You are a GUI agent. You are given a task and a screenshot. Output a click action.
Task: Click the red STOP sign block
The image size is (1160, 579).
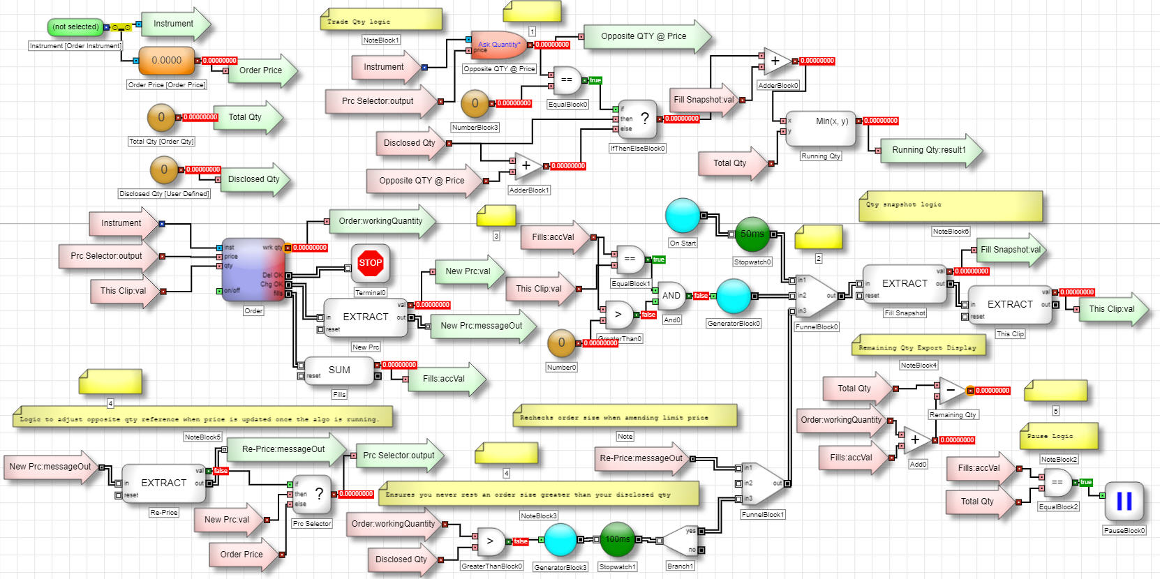click(x=370, y=263)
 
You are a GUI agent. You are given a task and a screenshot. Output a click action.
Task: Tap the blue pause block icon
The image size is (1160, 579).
click(x=1124, y=502)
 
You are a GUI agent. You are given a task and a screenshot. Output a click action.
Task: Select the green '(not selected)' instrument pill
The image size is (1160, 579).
click(x=75, y=27)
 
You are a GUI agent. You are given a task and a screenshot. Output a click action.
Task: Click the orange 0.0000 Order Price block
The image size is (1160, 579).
click(x=166, y=61)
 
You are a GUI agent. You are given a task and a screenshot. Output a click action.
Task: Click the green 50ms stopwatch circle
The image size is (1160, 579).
click(x=752, y=234)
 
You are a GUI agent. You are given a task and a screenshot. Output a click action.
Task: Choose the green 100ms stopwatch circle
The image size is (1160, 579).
click(x=617, y=539)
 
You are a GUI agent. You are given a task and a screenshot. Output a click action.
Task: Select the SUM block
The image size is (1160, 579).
click(x=339, y=370)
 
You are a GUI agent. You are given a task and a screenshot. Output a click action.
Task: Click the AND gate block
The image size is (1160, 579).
click(x=671, y=296)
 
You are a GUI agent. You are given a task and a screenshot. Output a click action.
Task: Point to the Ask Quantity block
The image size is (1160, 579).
click(x=498, y=45)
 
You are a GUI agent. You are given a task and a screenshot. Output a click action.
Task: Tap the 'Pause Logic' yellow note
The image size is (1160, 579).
click(x=1058, y=437)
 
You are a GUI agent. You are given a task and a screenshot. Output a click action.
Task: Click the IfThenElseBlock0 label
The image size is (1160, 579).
click(x=638, y=149)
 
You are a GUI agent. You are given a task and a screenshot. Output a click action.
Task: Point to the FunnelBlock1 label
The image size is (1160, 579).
click(x=763, y=515)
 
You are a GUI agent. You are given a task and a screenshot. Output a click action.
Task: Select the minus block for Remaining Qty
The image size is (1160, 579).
click(x=951, y=391)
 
